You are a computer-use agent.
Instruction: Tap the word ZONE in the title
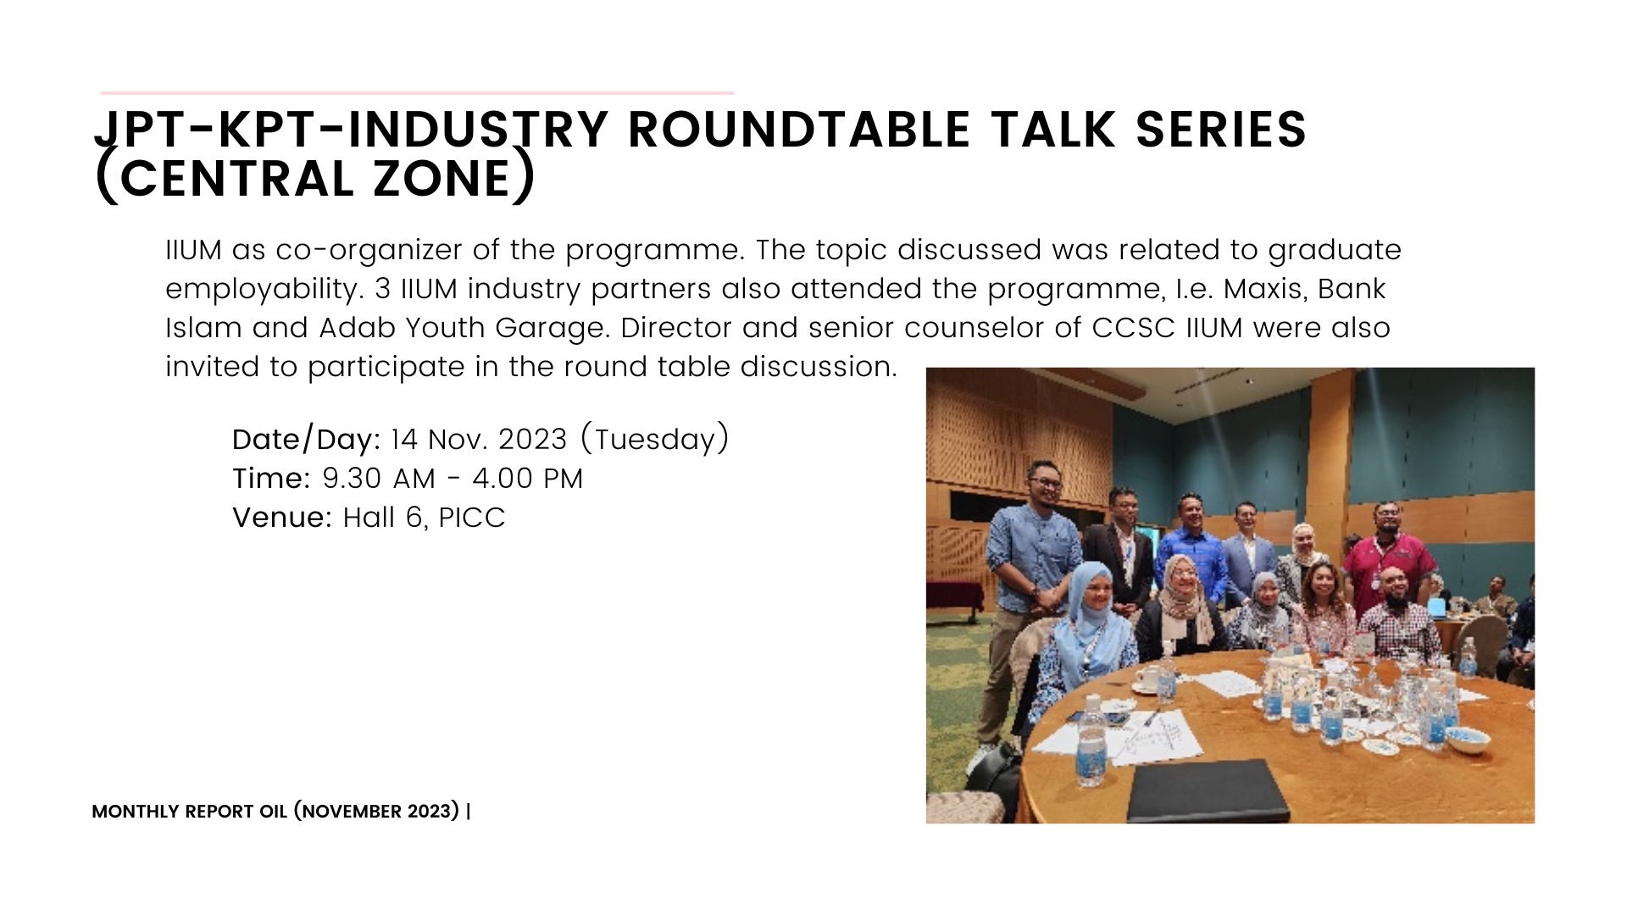click(x=441, y=179)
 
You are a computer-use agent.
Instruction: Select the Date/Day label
click(x=306, y=440)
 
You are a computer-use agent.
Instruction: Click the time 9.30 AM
click(x=379, y=479)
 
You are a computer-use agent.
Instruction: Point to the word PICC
click(x=472, y=518)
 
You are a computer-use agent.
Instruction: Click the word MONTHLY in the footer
click(x=135, y=812)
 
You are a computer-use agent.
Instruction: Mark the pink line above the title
click(x=417, y=92)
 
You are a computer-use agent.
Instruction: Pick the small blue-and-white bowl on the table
click(x=1468, y=740)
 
